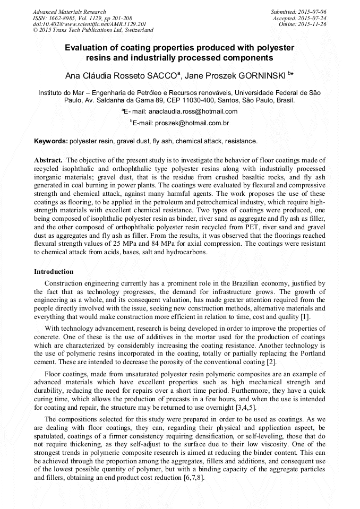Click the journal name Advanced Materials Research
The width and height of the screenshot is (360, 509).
coord(69,12)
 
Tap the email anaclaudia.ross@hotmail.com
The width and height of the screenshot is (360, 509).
coord(193,111)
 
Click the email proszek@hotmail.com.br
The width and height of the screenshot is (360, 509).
coord(192,123)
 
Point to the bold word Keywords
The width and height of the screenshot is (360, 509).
coord(51,142)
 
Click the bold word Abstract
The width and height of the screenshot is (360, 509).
coord(48,160)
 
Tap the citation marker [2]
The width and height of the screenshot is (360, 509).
coord(271,362)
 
